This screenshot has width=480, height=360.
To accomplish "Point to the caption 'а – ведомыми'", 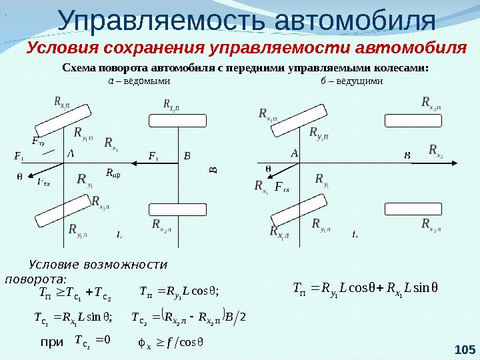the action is [139, 81].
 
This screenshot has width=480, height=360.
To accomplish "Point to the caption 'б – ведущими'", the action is [351, 81].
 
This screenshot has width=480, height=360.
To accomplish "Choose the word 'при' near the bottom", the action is [51, 342].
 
